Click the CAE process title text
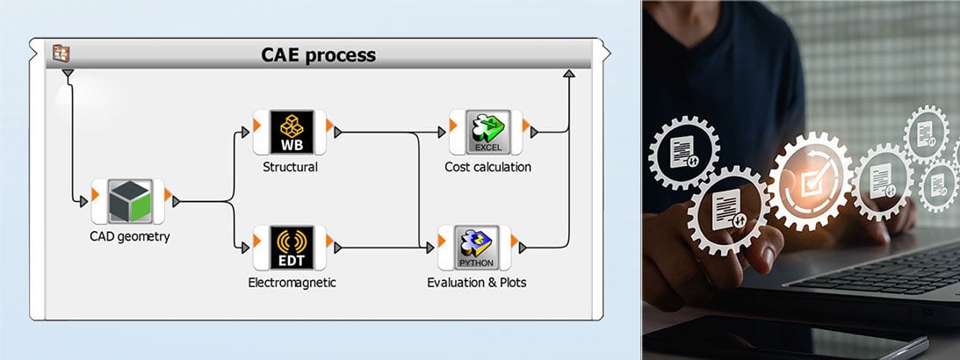(x=318, y=55)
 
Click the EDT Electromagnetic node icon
(x=290, y=248)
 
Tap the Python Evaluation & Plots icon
(x=475, y=248)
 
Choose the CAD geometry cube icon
(x=130, y=202)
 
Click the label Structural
(x=290, y=167)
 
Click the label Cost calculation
(x=487, y=167)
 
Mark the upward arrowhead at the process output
(x=568, y=75)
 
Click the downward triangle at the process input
(x=68, y=74)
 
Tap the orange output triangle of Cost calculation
(x=525, y=126)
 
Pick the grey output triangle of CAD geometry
(x=177, y=202)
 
